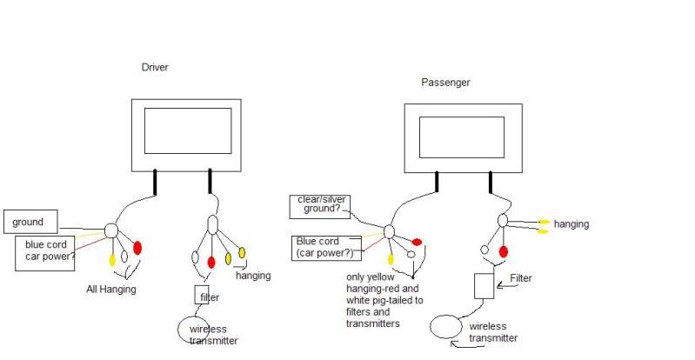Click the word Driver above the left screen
pyautogui.click(x=154, y=67)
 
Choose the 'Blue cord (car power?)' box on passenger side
pyautogui.click(x=325, y=247)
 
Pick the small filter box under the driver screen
pyautogui.click(x=202, y=296)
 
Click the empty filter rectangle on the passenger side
pyautogui.click(x=484, y=285)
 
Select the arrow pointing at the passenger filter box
pyautogui.click(x=505, y=282)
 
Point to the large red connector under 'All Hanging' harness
pyautogui.click(x=137, y=249)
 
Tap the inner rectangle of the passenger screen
pyautogui.click(x=462, y=137)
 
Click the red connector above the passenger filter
pyautogui.click(x=504, y=252)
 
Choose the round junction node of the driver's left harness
pyautogui.click(x=110, y=230)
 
